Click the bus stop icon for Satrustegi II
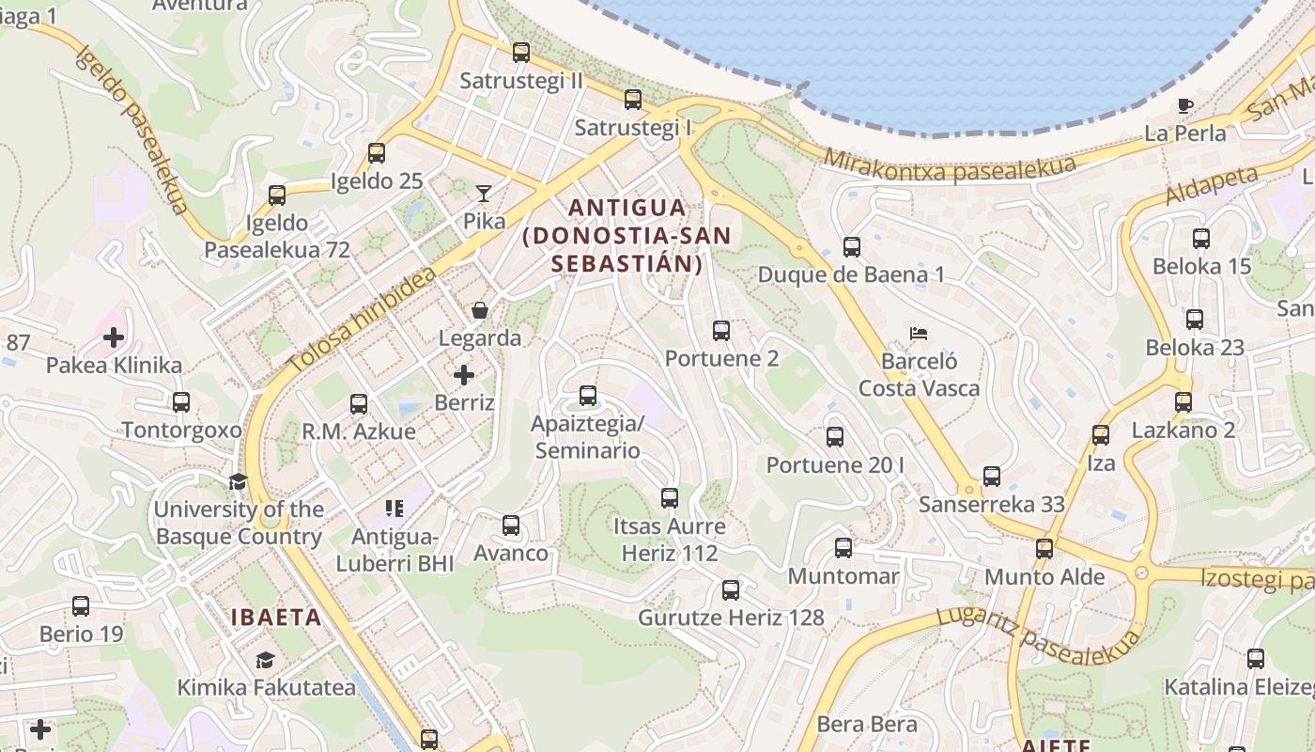pyautogui.click(x=521, y=53)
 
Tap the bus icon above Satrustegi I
pyautogui.click(x=633, y=100)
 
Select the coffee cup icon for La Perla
pyautogui.click(x=1185, y=105)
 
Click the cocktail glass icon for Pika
pyautogui.click(x=484, y=194)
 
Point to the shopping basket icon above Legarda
pyautogui.click(x=480, y=310)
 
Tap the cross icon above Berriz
pyautogui.click(x=464, y=375)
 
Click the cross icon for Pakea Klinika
pyautogui.click(x=114, y=337)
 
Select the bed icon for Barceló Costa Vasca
pyautogui.click(x=919, y=333)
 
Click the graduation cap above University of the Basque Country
pyautogui.click(x=238, y=481)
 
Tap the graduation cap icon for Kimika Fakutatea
pyautogui.click(x=266, y=660)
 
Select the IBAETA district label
pyautogui.click(x=276, y=618)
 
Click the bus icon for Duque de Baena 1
pyautogui.click(x=852, y=247)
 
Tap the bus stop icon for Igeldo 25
pyautogui.click(x=377, y=153)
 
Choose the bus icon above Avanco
pyautogui.click(x=511, y=525)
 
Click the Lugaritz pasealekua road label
pyautogui.click(x=1039, y=637)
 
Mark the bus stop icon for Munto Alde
pyautogui.click(x=1044, y=549)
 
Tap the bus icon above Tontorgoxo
pyautogui.click(x=181, y=402)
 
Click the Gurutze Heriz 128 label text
pyautogui.click(x=731, y=618)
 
